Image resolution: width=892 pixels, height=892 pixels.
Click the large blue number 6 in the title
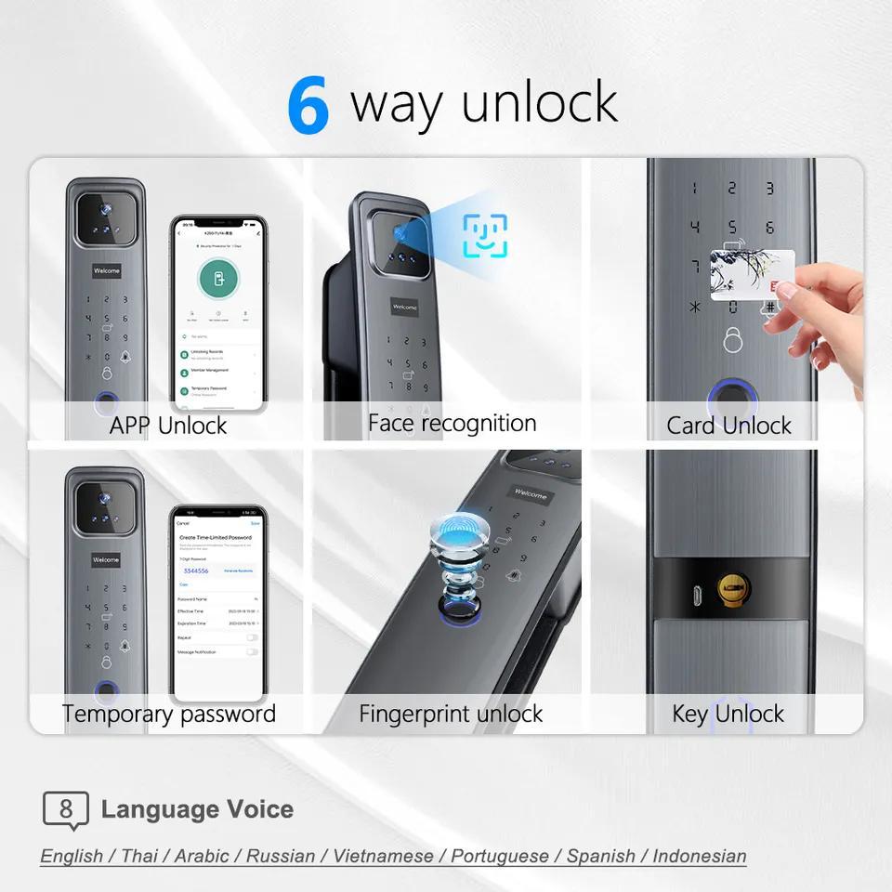point(308,106)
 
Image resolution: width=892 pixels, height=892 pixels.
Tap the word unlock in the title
point(539,102)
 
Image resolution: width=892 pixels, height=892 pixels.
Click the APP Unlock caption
point(168,426)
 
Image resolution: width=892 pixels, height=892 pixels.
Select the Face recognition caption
point(452,424)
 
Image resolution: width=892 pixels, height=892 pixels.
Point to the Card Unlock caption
point(728,426)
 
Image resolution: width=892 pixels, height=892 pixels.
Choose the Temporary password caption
point(169,714)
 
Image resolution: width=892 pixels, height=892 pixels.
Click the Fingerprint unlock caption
point(451,714)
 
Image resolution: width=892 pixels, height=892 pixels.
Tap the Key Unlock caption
point(728,714)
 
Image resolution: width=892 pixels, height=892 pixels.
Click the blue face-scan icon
point(485,236)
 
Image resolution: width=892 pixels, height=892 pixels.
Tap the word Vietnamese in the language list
point(383,856)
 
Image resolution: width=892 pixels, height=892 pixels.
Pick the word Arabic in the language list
point(204,856)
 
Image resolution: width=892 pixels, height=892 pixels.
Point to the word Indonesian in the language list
point(699,856)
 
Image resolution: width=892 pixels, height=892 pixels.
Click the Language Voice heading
point(197,809)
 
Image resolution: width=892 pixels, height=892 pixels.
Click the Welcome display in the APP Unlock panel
point(107,271)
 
